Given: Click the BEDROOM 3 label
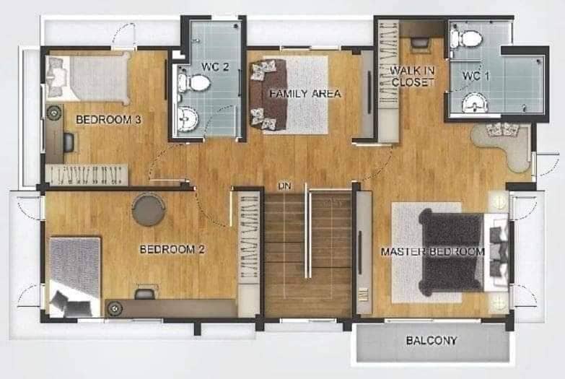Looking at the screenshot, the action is click(108, 119).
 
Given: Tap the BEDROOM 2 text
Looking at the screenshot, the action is click(172, 249).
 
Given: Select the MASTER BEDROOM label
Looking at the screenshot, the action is click(433, 251).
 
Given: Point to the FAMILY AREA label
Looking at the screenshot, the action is click(305, 94).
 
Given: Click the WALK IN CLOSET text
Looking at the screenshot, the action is click(413, 76).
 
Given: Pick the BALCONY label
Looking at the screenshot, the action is click(432, 341).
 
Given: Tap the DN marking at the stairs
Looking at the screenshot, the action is click(284, 186).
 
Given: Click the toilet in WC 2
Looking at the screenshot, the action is click(194, 83).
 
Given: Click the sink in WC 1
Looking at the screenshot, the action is click(475, 103).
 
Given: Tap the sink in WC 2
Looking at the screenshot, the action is click(188, 118).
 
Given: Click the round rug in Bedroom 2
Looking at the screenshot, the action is click(149, 210).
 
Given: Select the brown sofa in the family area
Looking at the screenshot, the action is click(268, 95).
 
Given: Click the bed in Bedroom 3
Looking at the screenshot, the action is click(89, 77).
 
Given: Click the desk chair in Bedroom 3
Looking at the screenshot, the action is click(71, 142).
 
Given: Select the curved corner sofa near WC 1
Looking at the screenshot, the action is click(502, 146).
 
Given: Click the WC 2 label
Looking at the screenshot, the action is click(215, 66).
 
